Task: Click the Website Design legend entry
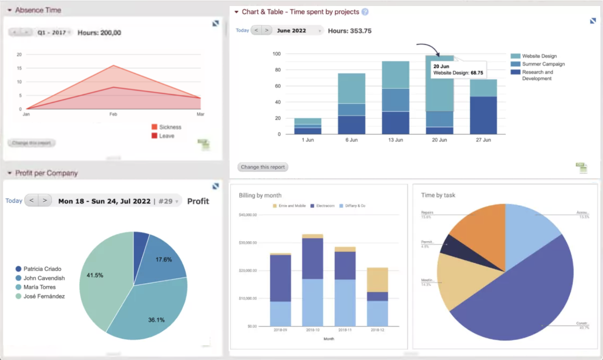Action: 539,56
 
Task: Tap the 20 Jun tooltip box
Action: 458,70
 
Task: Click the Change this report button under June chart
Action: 263,167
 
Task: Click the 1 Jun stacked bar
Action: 308,126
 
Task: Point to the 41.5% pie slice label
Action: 95,275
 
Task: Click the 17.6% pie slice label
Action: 164,260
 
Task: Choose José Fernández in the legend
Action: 44,296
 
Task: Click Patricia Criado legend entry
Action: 42,269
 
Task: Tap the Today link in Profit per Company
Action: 14,201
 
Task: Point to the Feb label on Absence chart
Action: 113,114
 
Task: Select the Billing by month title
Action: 260,195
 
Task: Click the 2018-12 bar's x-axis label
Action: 377,330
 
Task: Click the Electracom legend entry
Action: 325,206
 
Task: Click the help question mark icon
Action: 365,12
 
